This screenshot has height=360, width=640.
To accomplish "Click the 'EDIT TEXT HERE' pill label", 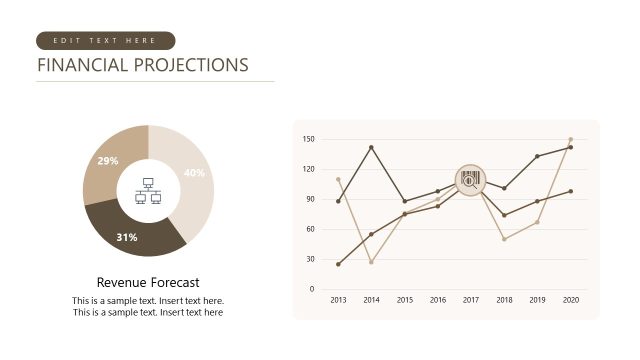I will coord(105,41).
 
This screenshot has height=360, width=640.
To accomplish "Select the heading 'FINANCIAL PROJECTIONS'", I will coord(142,66).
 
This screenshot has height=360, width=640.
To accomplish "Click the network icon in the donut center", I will coord(148,191).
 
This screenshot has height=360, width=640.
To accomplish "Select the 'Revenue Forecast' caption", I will coord(148,282).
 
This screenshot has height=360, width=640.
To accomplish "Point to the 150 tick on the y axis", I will coord(308,139).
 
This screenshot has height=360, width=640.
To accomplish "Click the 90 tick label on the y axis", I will coord(309,199).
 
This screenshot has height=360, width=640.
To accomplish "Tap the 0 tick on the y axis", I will coord(312,289).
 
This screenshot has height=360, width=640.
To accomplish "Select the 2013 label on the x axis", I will coord(338,300).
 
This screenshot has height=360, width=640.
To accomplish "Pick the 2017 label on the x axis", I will coord(471,300).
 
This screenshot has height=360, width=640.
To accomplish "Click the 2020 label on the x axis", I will coord(571,300).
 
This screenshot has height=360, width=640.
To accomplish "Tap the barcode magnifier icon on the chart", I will coord(470,180).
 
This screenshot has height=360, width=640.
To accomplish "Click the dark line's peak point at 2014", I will coord(371,147).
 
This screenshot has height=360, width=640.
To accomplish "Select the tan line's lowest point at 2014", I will coord(371,262).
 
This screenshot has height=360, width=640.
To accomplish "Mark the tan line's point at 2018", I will coord(504,239).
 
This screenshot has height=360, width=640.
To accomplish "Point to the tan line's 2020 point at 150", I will coord(571,139).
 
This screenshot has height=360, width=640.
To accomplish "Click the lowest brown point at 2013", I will coord(338,264).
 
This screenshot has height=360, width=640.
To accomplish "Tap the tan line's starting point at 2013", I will coord(338,179).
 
